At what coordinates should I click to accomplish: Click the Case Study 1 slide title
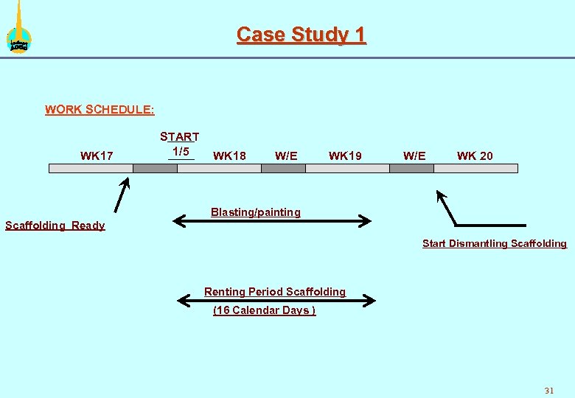click(301, 35)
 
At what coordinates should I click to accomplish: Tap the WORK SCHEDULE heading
click(100, 110)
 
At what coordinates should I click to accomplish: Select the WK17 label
click(97, 156)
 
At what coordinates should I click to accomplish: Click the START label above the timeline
click(180, 137)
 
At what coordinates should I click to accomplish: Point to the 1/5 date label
click(181, 151)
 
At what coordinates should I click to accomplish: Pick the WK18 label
click(229, 156)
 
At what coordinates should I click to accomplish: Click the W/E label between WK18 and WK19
click(286, 156)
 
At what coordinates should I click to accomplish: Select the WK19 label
click(345, 156)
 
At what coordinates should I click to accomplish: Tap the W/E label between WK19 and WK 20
click(414, 156)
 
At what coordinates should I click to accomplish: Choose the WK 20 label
click(475, 156)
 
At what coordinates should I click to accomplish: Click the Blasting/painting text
click(256, 212)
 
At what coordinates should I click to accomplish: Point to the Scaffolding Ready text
click(55, 226)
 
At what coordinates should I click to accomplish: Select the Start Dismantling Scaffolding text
click(495, 243)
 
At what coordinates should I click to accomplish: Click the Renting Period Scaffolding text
click(275, 292)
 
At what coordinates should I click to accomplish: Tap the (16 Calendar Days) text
click(264, 310)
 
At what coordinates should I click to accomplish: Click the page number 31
click(548, 390)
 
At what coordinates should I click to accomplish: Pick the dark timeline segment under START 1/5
click(155, 168)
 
